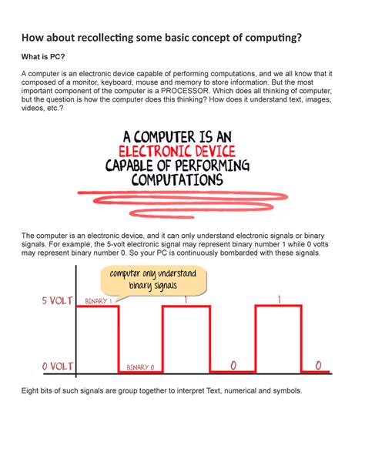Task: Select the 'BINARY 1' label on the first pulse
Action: pos(98,300)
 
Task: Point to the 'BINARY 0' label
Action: pos(140,367)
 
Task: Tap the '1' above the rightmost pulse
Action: pos(278,299)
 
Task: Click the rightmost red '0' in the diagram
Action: pos(316,363)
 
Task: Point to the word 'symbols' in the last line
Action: pos(286,391)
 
